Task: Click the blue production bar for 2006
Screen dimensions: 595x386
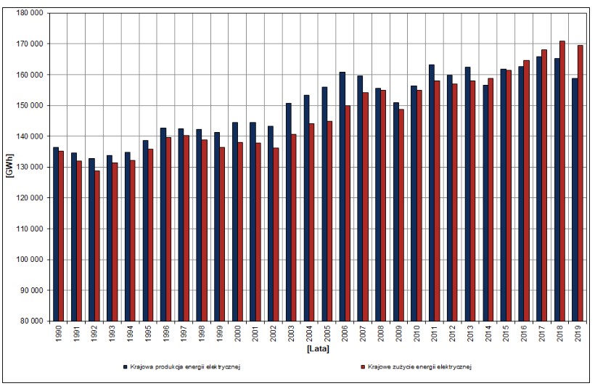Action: point(342,197)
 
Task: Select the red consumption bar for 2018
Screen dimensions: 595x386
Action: point(562,181)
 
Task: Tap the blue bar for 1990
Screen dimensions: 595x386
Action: point(56,234)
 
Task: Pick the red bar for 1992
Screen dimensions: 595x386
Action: point(97,246)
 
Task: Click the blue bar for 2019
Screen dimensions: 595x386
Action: point(575,200)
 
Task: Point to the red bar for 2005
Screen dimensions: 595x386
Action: point(329,221)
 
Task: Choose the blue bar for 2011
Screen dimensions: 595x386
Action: point(432,193)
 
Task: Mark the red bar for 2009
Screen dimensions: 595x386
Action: point(401,215)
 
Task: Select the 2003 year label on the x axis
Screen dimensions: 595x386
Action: point(292,333)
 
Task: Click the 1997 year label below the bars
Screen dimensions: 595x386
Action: point(184,333)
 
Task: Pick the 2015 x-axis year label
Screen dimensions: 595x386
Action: point(506,333)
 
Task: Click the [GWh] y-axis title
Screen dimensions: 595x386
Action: point(9,165)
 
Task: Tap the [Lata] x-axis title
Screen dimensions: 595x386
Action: point(318,348)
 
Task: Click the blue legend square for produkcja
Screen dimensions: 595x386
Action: point(125,367)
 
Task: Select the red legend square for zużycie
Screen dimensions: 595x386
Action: point(363,367)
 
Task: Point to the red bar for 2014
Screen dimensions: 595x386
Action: point(491,200)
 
